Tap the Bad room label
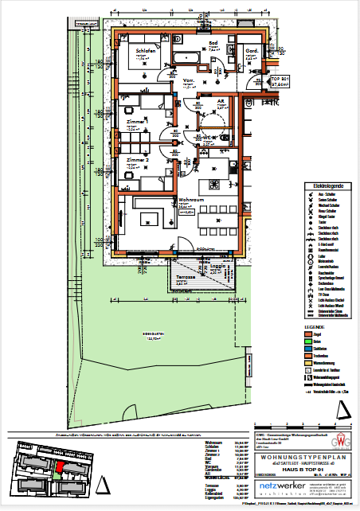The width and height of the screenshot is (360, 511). pos(213,43)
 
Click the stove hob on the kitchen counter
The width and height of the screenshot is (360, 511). pos(216,167)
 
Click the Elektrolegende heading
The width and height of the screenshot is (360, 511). pos(322,184)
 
